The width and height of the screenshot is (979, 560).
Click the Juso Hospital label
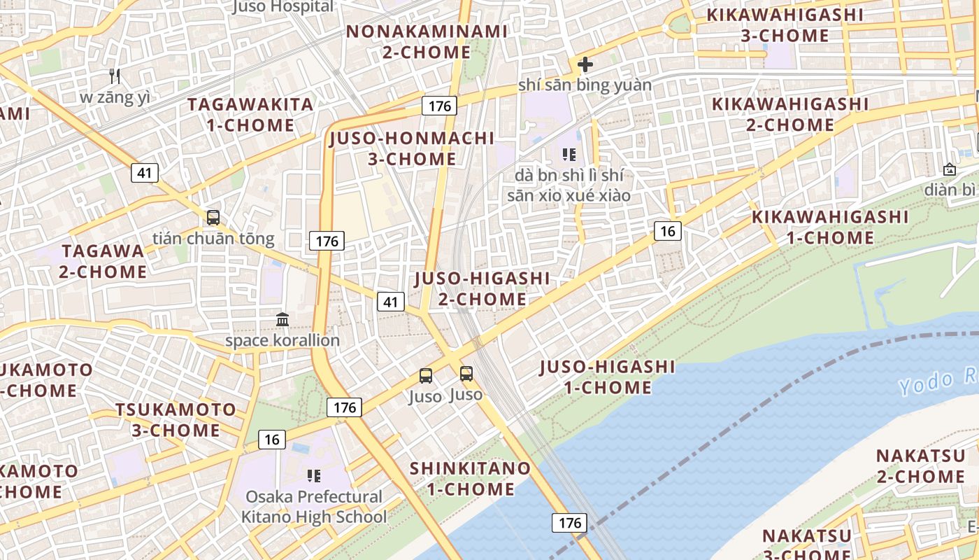pyautogui.click(x=283, y=7)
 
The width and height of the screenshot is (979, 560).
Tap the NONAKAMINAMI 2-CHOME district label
pyautogui.click(x=427, y=42)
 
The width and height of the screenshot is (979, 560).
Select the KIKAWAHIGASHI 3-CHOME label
pyautogui.click(x=785, y=25)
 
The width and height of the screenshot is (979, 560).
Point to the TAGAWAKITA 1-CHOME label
pyautogui.click(x=251, y=115)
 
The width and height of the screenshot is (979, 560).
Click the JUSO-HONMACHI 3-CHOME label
pyautogui.click(x=413, y=148)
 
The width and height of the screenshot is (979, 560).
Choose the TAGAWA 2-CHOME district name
pyautogui.click(x=103, y=261)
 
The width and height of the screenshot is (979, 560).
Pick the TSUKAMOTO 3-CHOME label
pyautogui.click(x=176, y=419)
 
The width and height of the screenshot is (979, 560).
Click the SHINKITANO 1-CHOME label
pyautogui.click(x=470, y=478)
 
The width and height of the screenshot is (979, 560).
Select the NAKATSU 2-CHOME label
pyautogui.click(x=920, y=466)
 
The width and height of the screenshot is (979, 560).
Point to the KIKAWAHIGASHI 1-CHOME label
pyautogui.click(x=830, y=227)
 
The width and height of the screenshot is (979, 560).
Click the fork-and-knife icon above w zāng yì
pyautogui.click(x=115, y=76)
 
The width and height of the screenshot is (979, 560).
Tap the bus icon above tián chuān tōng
pyautogui.click(x=213, y=218)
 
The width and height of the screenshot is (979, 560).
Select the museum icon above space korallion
pyautogui.click(x=283, y=320)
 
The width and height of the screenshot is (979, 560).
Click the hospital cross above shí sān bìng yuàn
pyautogui.click(x=585, y=65)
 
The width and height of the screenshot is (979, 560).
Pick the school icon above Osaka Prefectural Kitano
pyautogui.click(x=314, y=477)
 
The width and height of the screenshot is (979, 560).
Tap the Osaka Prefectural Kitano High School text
pyautogui.click(x=314, y=507)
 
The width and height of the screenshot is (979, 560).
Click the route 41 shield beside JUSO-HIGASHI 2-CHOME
pyautogui.click(x=391, y=302)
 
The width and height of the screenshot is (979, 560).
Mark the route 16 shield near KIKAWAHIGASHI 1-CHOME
pyautogui.click(x=668, y=231)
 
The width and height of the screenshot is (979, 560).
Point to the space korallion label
pyautogui.click(x=283, y=341)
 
